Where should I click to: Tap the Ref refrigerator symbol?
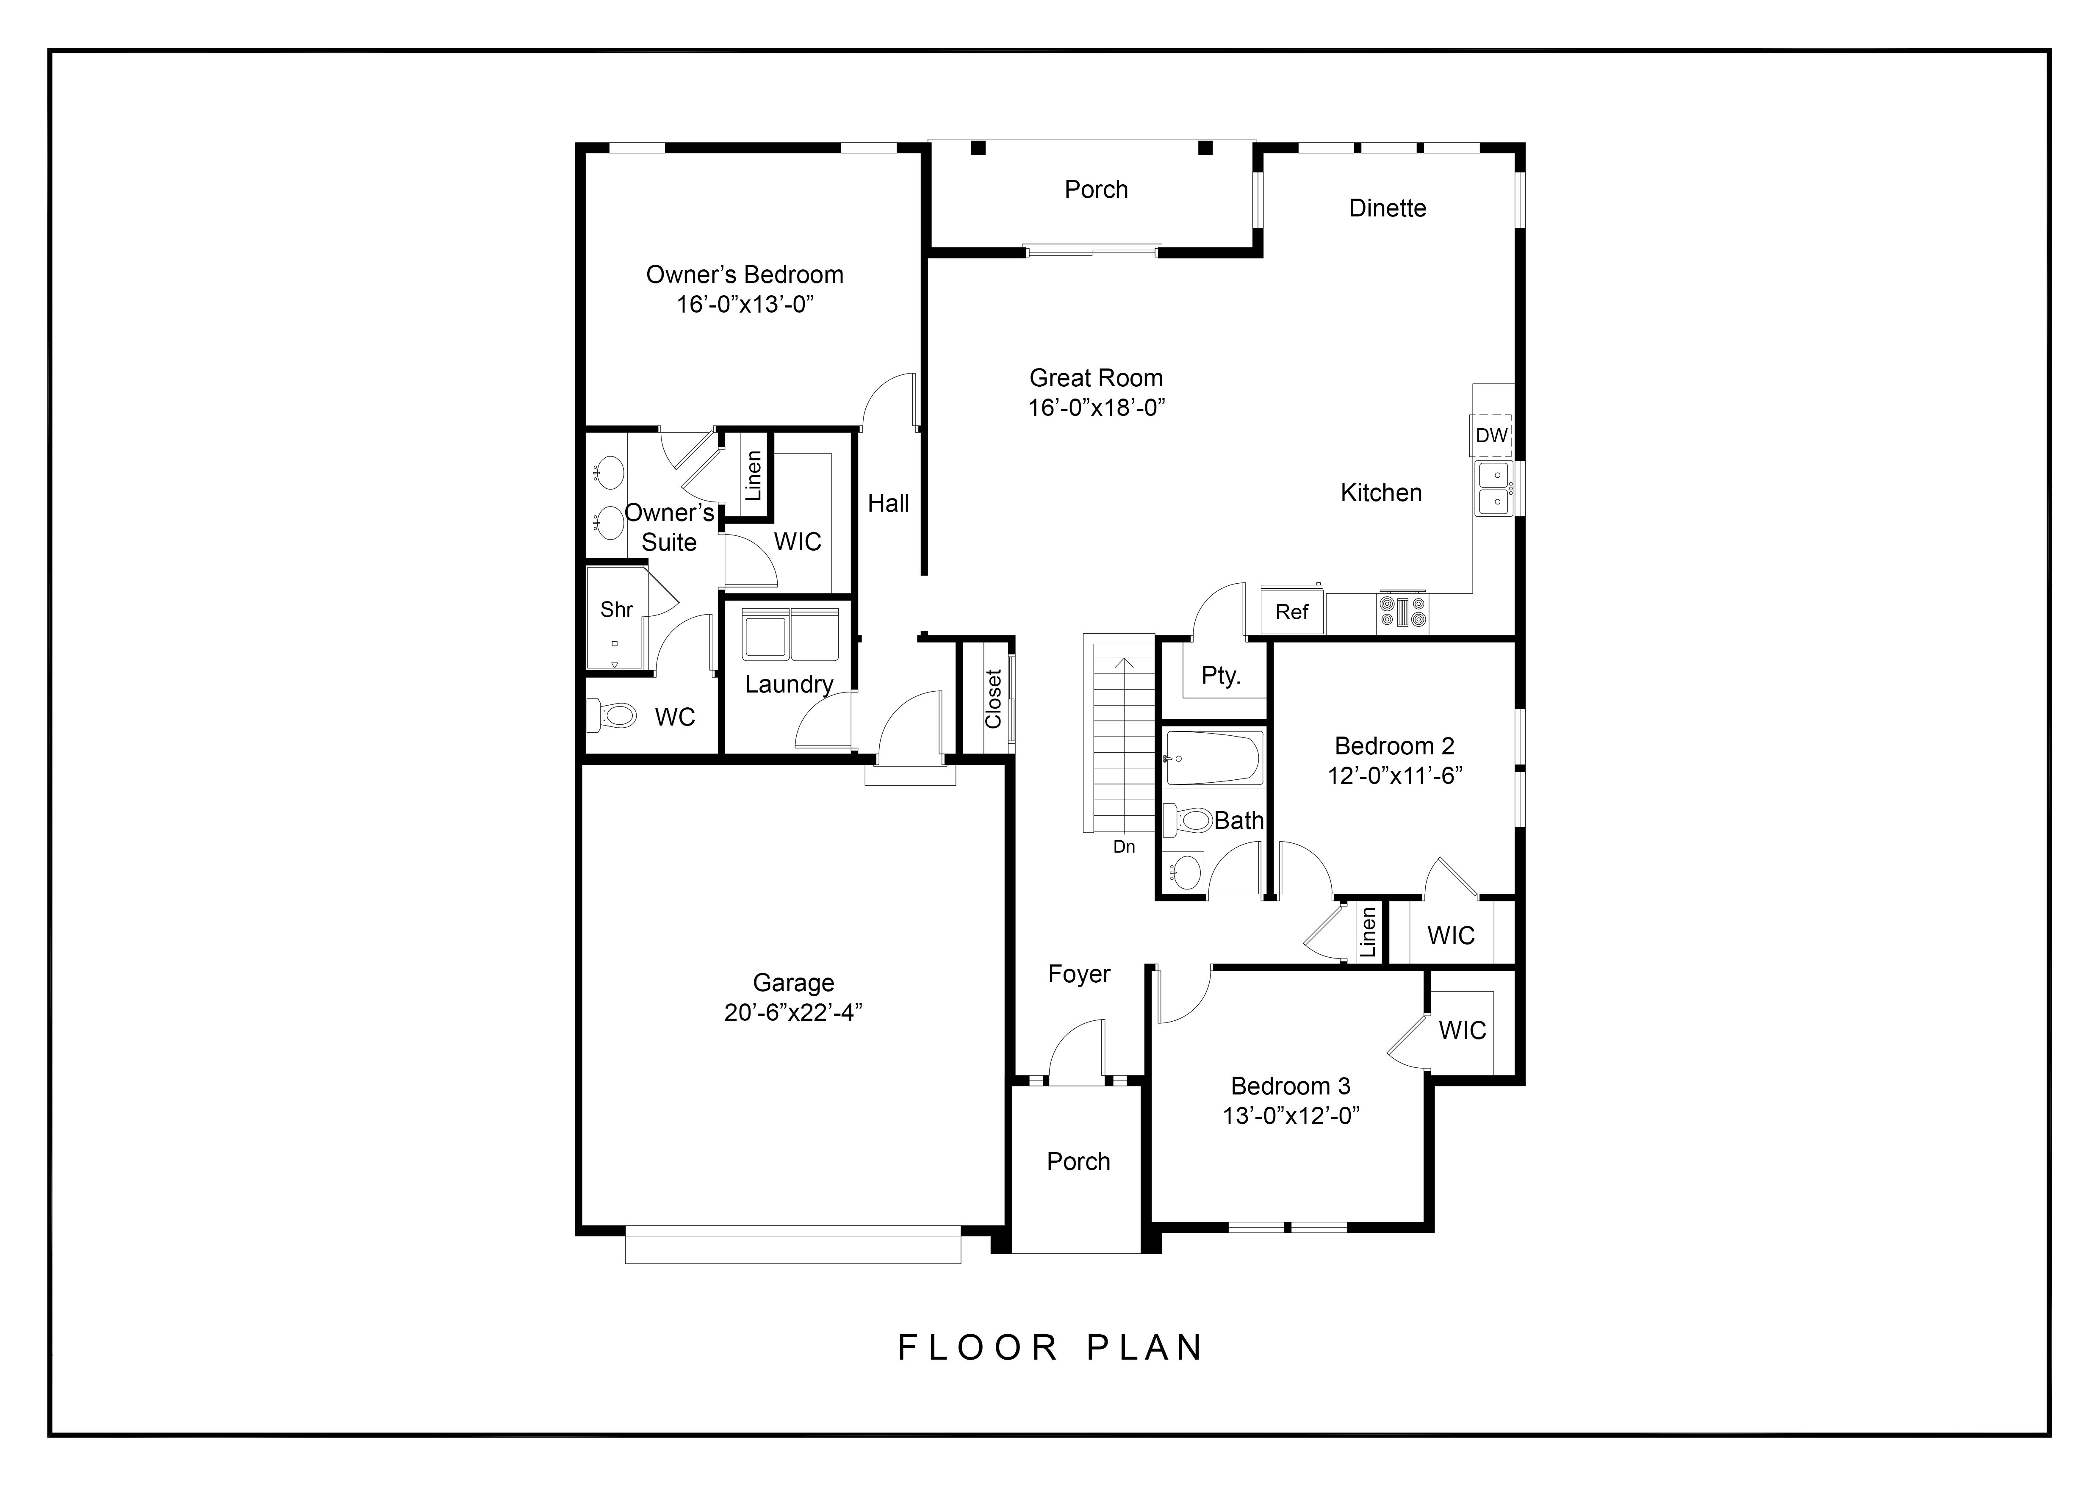coord(1291,612)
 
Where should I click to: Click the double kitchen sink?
coord(1493,488)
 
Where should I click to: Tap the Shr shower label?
coord(616,609)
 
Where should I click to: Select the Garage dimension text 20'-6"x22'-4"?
coord(793,1012)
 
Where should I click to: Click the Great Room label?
coord(1096,378)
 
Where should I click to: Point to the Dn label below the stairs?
coord(1124,847)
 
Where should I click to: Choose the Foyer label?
coord(1078,974)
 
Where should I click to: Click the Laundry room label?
coord(788,684)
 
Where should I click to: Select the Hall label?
coord(888,503)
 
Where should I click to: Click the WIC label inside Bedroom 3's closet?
coord(1462,1031)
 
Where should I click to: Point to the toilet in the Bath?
coord(1189,819)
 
